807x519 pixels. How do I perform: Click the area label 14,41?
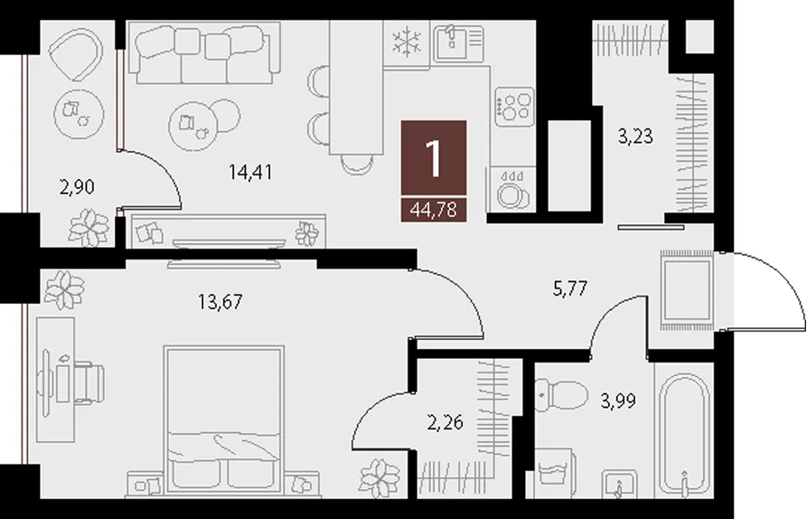click(250, 172)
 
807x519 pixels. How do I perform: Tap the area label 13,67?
click(220, 302)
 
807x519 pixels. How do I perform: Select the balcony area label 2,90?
click(77, 187)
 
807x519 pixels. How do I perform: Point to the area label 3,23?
click(635, 137)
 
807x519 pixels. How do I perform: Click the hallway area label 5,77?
click(569, 288)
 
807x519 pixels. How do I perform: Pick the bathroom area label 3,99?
click(618, 400)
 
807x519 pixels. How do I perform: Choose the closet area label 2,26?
click(446, 422)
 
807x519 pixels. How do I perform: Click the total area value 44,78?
click(434, 210)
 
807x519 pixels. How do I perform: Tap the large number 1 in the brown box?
click(434, 158)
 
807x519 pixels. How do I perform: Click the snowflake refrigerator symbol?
click(407, 42)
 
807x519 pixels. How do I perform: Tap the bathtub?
click(684, 435)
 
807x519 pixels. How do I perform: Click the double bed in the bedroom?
click(224, 420)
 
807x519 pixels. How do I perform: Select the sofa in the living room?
click(204, 52)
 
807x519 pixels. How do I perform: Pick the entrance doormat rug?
click(687, 290)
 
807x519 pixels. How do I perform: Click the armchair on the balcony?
click(76, 53)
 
